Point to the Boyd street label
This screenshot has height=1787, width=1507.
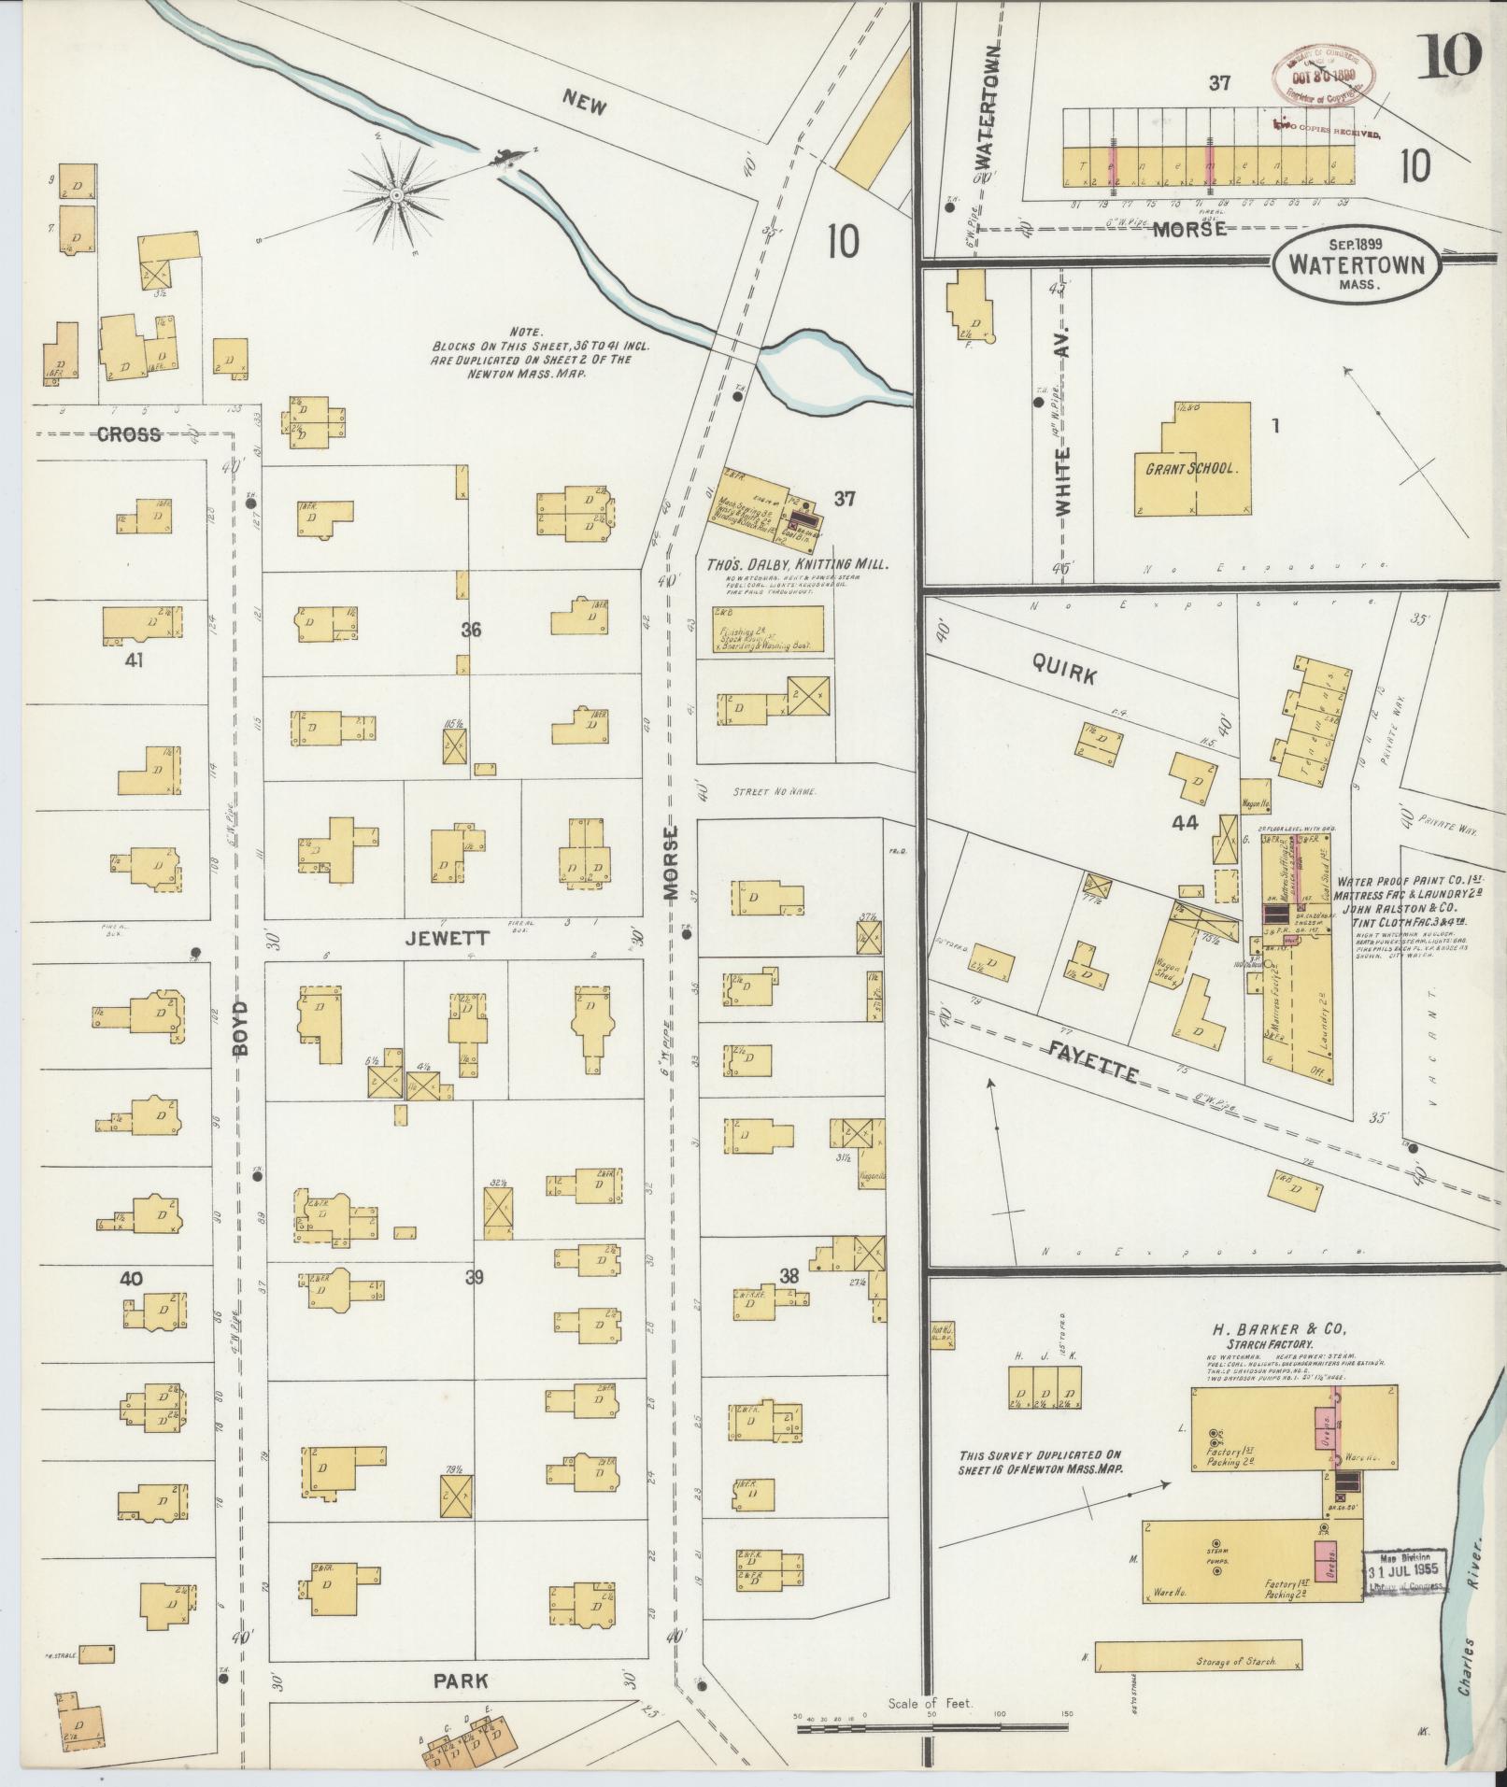pyautogui.click(x=243, y=1028)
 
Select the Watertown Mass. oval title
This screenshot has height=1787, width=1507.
pyautogui.click(x=1355, y=265)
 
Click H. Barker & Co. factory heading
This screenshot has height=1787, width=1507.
pyautogui.click(x=1279, y=1330)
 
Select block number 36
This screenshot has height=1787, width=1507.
pyautogui.click(x=471, y=631)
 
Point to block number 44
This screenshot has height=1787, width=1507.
pyautogui.click(x=1185, y=823)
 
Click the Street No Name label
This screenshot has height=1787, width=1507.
pyautogui.click(x=770, y=792)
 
